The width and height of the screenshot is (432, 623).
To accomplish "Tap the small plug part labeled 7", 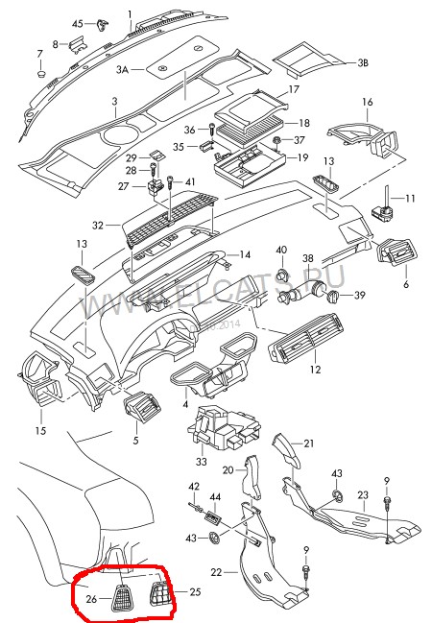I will coord(40,71).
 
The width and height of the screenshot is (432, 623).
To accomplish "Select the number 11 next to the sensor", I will coord(410,198).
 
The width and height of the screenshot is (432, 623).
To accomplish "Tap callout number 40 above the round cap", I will coord(281,251).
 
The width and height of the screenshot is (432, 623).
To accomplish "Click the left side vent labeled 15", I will coord(41,388).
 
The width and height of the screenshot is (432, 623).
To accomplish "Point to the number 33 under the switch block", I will coord(201,461).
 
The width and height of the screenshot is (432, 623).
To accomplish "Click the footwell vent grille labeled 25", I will coord(159,599).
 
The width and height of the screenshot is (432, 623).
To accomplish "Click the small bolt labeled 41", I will coord(170,181).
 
